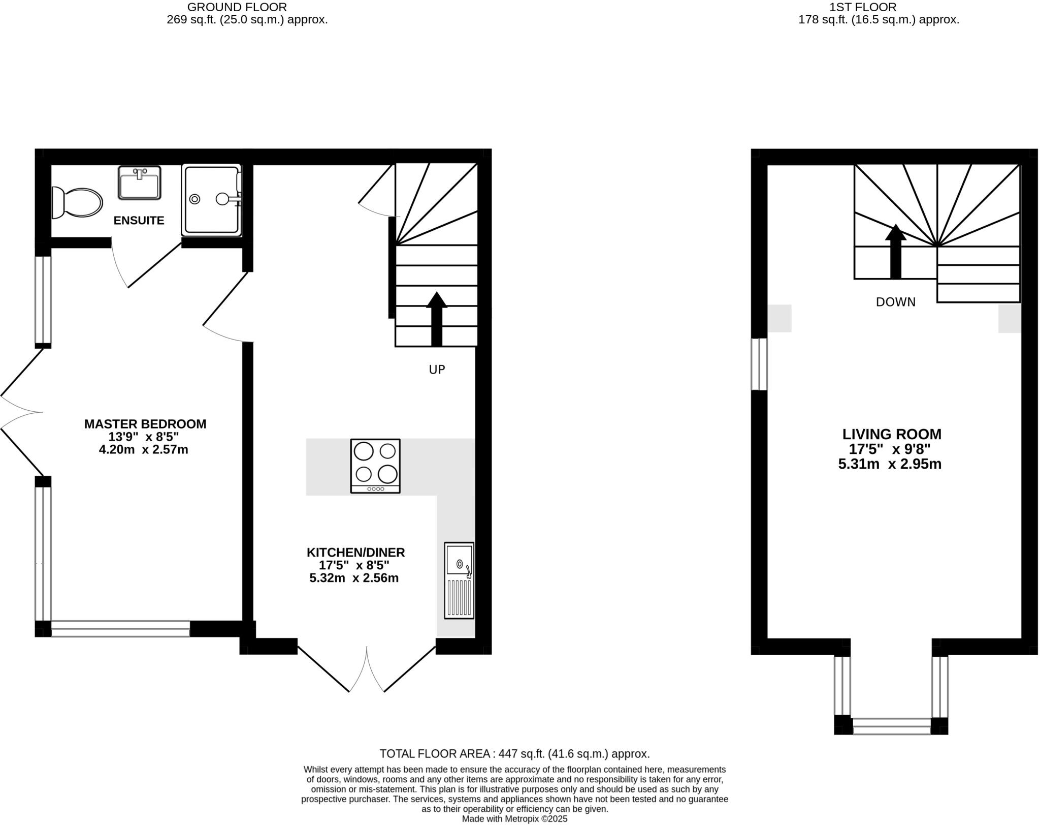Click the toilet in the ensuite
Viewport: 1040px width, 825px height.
77,202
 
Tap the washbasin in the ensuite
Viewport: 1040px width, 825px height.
140,182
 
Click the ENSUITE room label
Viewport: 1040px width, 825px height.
139,221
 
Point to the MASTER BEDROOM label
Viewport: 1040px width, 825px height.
145,424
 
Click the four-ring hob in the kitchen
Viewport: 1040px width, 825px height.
375,466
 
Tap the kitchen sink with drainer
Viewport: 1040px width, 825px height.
459,580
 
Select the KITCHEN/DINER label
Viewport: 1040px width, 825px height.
355,553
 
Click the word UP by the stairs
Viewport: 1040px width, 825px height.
437,370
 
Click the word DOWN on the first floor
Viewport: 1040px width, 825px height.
896,302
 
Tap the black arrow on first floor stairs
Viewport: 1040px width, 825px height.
896,251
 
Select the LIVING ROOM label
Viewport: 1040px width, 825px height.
892,434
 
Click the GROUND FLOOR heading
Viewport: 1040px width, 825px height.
237,7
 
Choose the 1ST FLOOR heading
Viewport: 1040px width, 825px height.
870,7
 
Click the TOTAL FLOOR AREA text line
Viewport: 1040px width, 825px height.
514,754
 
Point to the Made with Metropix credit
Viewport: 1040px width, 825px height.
514,819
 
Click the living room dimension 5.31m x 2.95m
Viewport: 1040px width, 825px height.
890,464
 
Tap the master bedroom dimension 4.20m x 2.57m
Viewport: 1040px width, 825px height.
144,450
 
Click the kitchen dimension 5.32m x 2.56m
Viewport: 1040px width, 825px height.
354,578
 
